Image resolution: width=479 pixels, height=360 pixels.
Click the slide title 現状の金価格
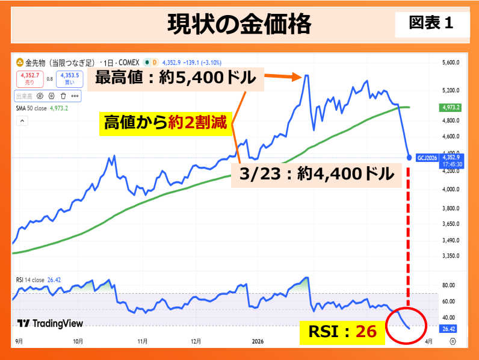coord(239,25)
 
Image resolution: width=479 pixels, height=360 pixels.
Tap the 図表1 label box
coord(431,23)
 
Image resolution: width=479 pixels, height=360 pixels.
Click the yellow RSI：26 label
coord(342,331)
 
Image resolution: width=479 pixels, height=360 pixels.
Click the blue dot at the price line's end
coord(409,158)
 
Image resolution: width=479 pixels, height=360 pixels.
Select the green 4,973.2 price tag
coord(450,107)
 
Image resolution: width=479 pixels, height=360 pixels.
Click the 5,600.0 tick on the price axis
coord(450,63)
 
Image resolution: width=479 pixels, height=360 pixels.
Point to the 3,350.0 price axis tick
coord(450,255)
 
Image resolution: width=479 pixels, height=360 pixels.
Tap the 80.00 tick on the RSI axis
coord(448,285)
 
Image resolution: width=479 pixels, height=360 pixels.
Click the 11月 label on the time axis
coord(143,341)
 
